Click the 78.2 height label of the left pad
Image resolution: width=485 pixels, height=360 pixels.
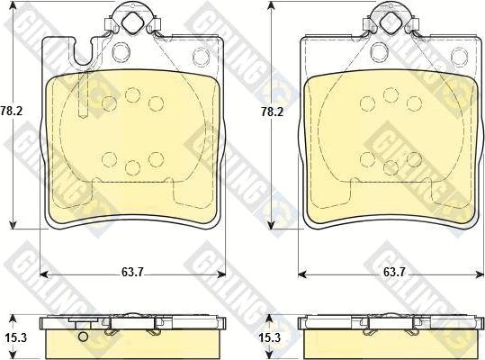12,111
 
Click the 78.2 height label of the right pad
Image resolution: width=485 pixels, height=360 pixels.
272,112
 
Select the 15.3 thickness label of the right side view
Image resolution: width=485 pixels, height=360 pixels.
270,337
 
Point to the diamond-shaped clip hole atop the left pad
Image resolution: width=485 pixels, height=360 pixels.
132,22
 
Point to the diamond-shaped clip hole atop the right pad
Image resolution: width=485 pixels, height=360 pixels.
391,22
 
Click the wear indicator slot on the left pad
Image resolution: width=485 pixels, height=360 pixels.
84,94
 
